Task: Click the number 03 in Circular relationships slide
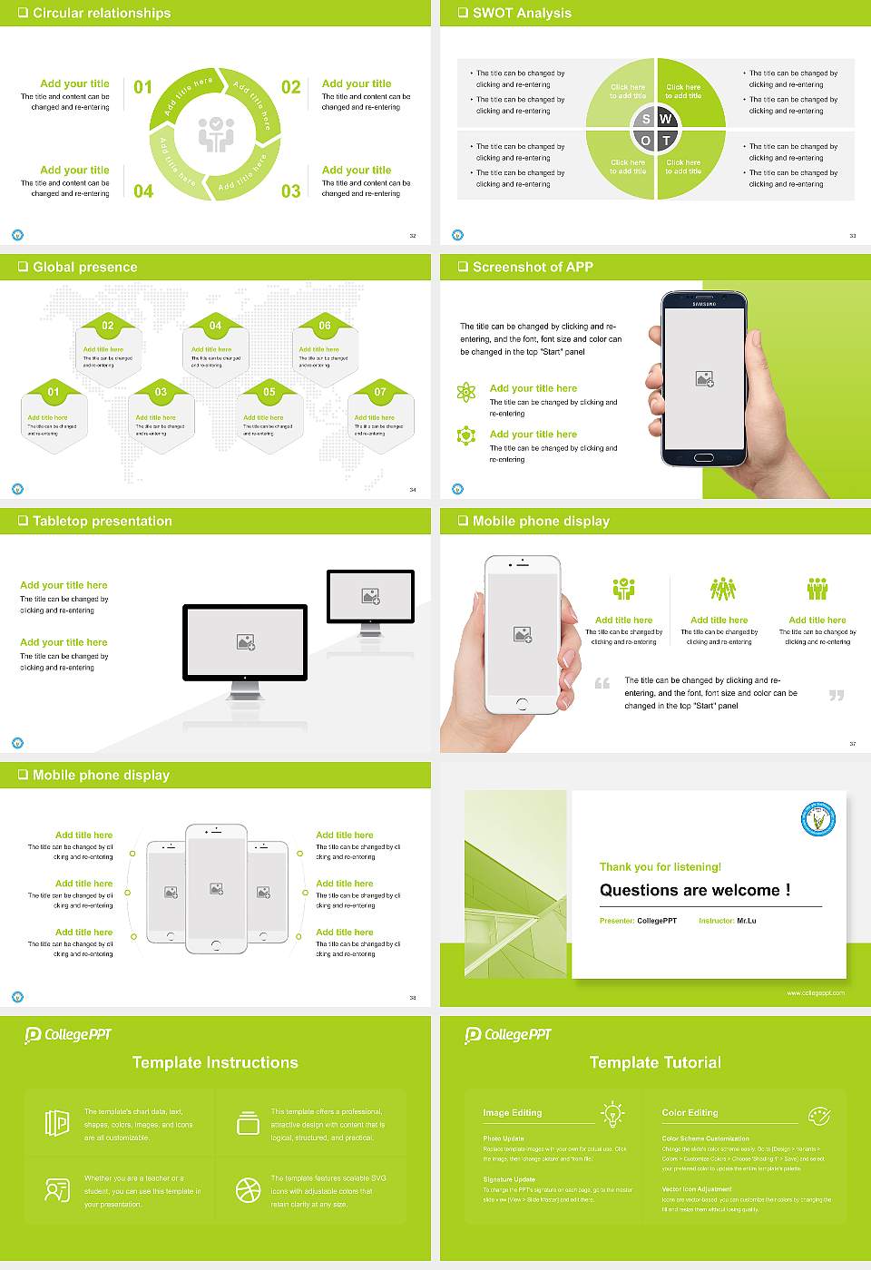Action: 290,191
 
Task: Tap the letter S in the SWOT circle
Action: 646,119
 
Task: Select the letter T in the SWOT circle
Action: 666,141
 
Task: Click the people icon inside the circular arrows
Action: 216,134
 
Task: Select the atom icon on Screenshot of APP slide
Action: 466,392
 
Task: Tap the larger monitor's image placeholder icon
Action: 245,641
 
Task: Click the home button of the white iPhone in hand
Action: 522,703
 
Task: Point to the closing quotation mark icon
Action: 837,695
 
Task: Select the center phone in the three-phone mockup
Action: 216,888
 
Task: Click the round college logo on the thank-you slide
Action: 817,819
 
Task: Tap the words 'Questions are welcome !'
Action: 694,890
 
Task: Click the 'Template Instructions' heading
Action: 215,1062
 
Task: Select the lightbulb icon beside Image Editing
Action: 612,1113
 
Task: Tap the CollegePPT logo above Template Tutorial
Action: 508,1034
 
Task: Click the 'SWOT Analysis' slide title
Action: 522,13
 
